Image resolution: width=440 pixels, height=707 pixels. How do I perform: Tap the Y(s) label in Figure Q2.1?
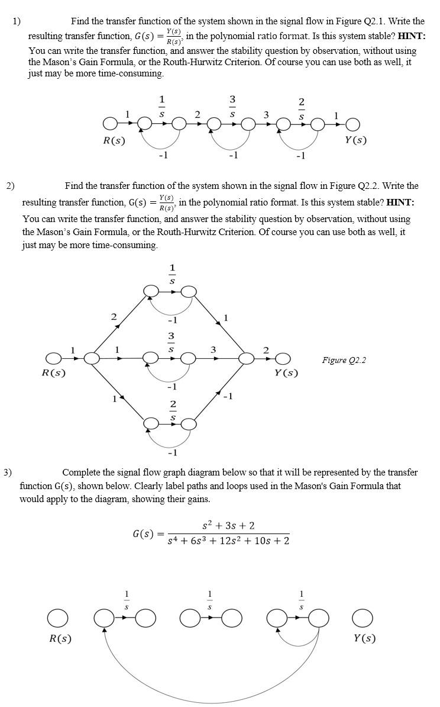click(355, 140)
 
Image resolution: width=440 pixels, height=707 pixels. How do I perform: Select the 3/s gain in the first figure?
click(232, 105)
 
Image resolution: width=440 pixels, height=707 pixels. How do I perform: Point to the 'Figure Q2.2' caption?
click(344, 360)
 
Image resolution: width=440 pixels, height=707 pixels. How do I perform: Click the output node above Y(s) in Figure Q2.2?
click(283, 358)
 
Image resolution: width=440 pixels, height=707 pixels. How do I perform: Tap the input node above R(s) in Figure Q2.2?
click(54, 358)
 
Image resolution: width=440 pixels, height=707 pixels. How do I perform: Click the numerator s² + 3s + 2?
click(228, 526)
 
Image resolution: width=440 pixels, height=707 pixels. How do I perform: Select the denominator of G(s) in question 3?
click(228, 541)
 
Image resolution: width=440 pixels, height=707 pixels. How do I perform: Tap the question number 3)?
click(7, 473)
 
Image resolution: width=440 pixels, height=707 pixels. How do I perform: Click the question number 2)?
click(10, 186)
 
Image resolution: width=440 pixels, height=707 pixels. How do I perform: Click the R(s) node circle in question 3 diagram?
click(58, 619)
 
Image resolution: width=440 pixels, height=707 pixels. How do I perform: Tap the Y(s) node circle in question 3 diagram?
click(363, 619)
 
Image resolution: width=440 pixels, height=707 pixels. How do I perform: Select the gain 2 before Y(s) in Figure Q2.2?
click(266, 351)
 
